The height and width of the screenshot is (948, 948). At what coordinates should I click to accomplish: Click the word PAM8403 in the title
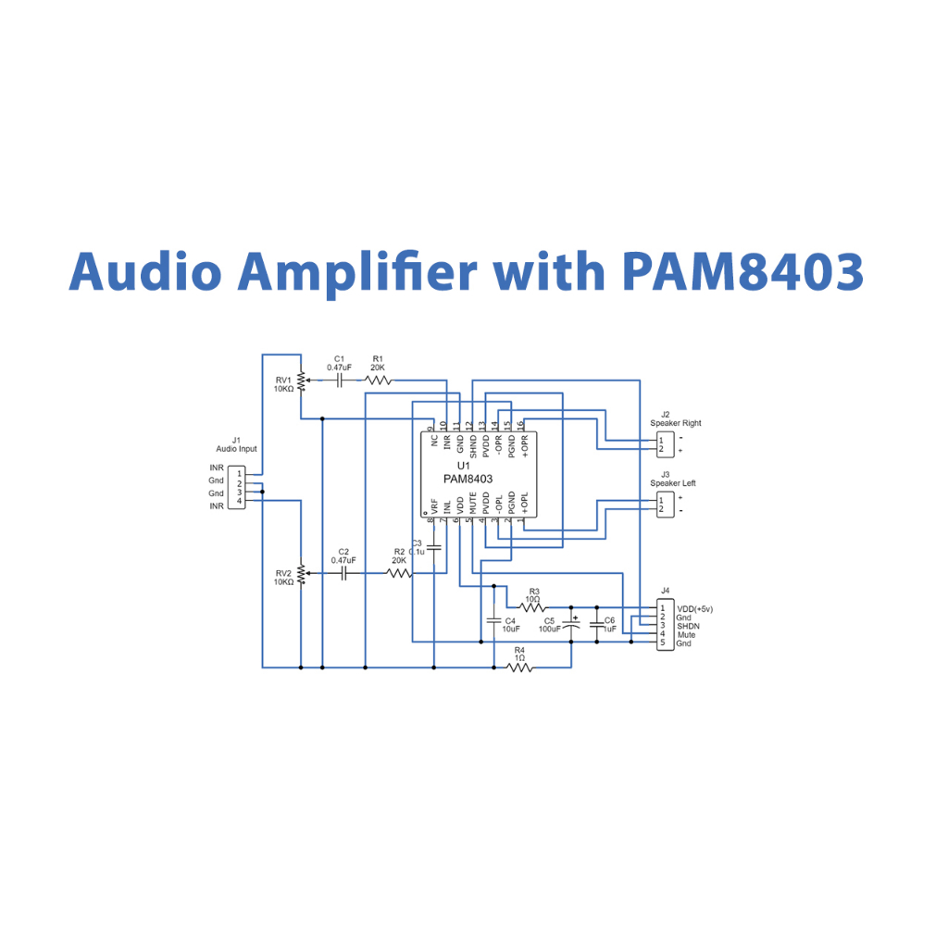743,271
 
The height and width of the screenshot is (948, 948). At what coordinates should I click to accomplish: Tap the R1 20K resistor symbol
378,380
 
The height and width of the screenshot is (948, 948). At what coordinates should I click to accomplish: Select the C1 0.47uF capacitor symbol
339,380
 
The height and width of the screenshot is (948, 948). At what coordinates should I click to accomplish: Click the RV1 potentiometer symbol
300,381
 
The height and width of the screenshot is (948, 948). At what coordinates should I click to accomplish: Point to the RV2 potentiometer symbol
300,574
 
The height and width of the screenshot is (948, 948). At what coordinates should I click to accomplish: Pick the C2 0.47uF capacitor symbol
343,574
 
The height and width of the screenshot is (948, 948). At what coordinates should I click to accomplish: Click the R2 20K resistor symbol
399,574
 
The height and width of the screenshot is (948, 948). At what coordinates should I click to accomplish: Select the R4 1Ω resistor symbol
519,667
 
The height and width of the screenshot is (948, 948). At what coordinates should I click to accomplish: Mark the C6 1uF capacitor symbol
596,626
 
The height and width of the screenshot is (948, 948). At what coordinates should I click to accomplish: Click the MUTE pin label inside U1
473,505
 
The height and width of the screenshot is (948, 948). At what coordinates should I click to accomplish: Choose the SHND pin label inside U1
473,445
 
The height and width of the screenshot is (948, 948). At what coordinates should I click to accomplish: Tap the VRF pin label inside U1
434,505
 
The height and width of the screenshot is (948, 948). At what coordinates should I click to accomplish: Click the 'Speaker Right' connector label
675,423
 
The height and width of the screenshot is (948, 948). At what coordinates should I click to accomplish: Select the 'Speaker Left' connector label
673,483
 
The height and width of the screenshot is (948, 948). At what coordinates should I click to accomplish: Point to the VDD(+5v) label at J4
695,608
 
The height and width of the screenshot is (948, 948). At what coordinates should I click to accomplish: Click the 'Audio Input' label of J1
236,449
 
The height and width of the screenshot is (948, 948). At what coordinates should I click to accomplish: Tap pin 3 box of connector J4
663,626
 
